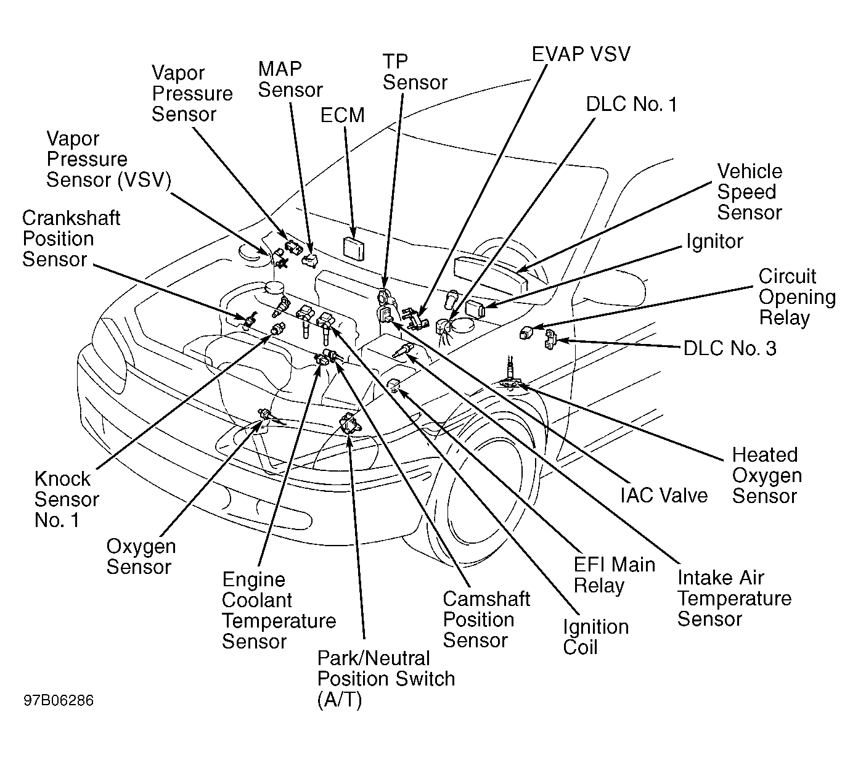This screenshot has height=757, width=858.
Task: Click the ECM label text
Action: point(342,115)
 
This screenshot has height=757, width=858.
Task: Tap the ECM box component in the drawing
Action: point(353,248)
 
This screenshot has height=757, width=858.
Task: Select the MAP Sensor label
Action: point(290,80)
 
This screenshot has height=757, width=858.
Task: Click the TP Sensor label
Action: point(415,72)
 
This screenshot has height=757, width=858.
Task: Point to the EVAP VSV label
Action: point(581,54)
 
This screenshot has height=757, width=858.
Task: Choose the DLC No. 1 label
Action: point(631,104)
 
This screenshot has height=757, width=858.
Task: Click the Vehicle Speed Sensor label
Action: point(750,192)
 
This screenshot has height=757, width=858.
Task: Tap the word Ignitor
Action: point(714,242)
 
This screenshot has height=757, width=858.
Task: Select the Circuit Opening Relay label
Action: point(797,297)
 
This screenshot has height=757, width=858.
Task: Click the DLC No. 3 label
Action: point(730,348)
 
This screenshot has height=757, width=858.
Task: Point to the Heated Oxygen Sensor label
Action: point(767,475)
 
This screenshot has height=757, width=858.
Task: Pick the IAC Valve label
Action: point(664,495)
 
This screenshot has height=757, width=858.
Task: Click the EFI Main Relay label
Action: point(614,575)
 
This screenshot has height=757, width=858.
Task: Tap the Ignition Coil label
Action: point(595,637)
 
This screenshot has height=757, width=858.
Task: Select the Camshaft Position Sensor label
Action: point(486,620)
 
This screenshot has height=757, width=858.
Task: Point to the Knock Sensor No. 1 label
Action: point(67,499)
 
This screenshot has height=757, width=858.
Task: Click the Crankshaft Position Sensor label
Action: point(71,239)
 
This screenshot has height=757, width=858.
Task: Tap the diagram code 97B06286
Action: point(59,700)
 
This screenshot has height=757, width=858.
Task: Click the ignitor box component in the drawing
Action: point(475,309)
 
